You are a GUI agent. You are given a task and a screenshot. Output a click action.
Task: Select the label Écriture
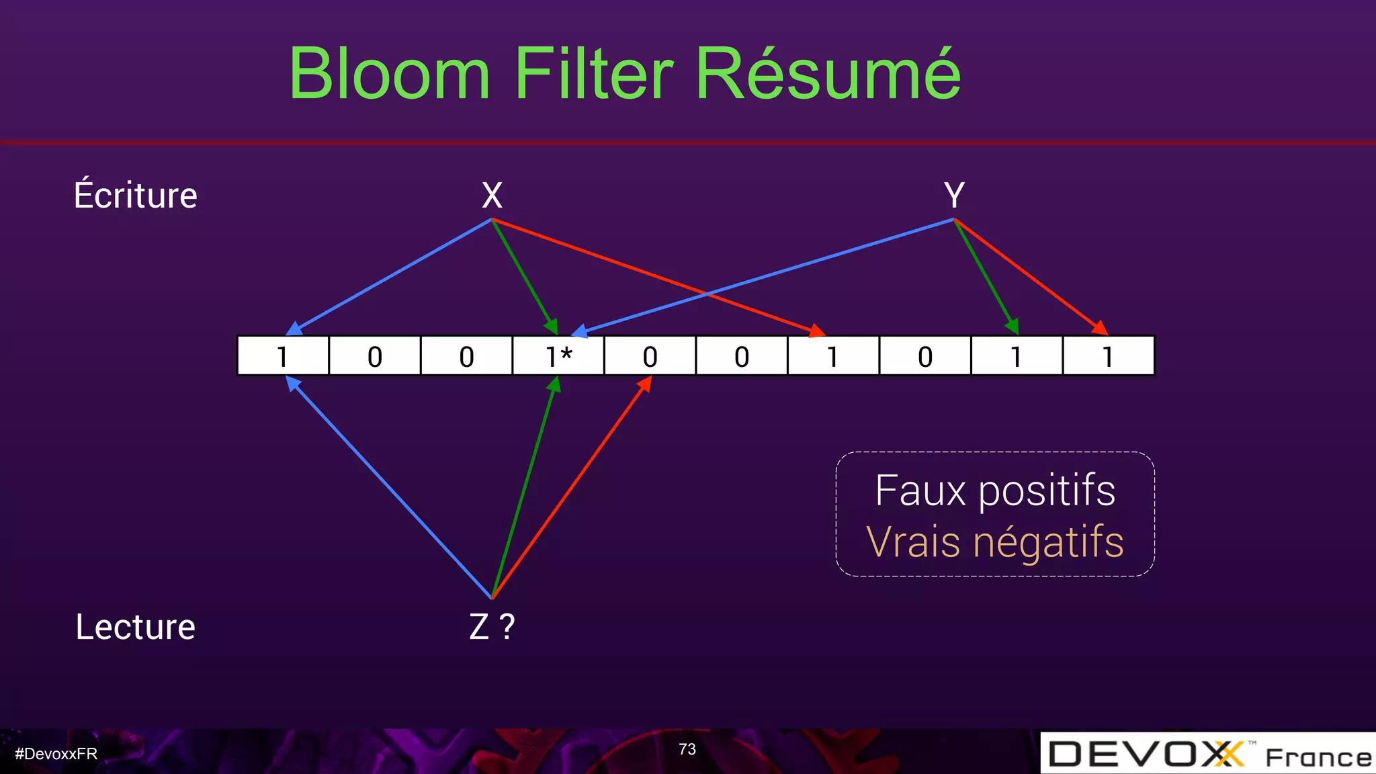[136, 196]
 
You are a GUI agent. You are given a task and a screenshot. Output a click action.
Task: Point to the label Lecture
[136, 627]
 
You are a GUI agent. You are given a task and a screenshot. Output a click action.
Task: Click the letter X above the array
[492, 196]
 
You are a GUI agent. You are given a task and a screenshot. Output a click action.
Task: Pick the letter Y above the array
[954, 196]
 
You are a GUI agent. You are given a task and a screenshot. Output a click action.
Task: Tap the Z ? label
[492, 627]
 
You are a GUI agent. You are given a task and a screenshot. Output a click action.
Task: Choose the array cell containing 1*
[558, 356]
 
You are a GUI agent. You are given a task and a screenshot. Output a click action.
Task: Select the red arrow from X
[658, 276]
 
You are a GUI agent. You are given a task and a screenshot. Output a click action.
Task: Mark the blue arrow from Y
[766, 275]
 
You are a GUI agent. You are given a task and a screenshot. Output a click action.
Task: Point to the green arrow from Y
[986, 275]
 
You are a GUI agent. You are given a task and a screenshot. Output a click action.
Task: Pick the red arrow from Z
[571, 486]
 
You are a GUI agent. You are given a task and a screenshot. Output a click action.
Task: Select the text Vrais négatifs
[995, 542]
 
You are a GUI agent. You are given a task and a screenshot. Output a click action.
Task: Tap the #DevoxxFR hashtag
[56, 754]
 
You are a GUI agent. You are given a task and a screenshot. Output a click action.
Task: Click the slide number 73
[687, 749]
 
